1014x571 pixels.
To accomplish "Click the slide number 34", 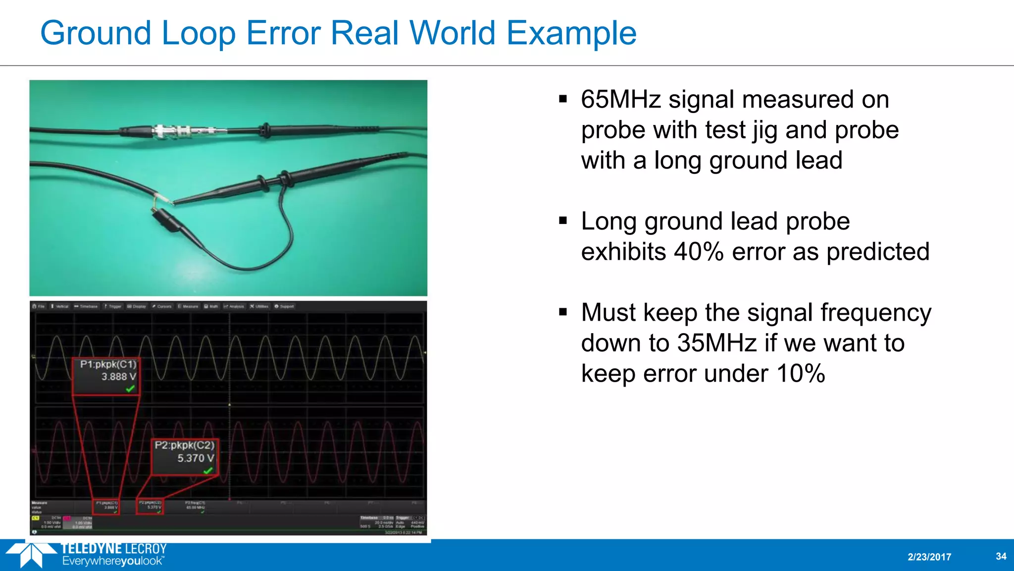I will [1001, 556].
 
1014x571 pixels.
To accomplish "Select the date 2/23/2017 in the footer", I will [929, 557].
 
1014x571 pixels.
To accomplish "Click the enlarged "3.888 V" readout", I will [118, 377].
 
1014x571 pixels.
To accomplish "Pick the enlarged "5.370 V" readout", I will [196, 458].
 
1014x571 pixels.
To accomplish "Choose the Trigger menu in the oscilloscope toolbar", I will [113, 306].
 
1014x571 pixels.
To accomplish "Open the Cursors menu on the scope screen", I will [162, 306].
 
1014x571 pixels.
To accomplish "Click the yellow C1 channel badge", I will [35, 518].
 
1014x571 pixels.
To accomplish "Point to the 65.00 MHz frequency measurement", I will [195, 508].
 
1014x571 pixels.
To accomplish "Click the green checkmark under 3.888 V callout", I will [130, 389].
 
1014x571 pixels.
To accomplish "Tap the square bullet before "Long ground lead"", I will [563, 221].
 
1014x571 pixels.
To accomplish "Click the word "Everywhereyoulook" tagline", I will [112, 562].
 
